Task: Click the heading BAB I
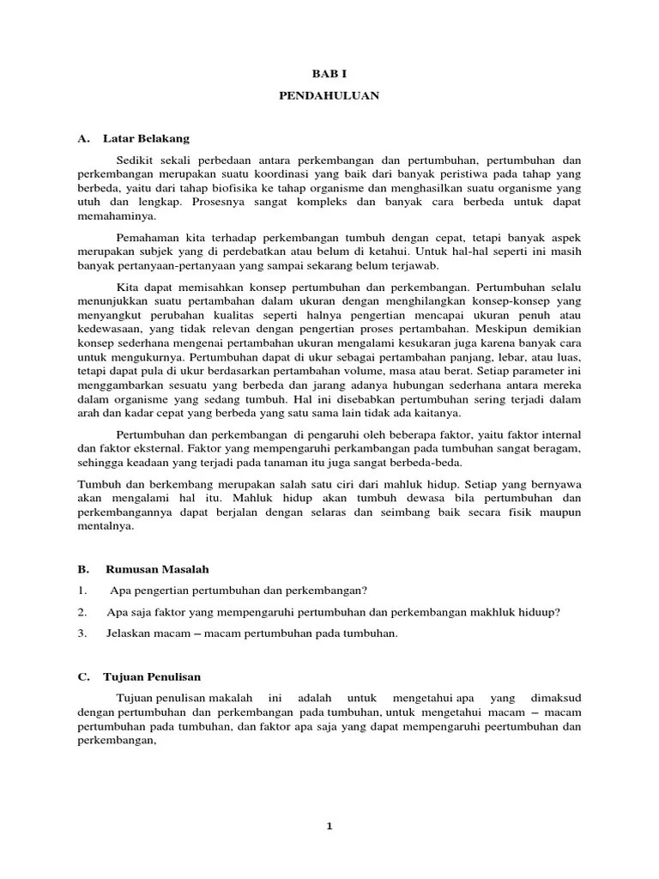point(329,75)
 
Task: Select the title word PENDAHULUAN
point(329,96)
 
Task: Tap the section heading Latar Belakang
point(147,138)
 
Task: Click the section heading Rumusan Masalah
point(157,569)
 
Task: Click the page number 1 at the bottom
point(329,827)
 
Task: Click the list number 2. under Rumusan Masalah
point(82,612)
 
